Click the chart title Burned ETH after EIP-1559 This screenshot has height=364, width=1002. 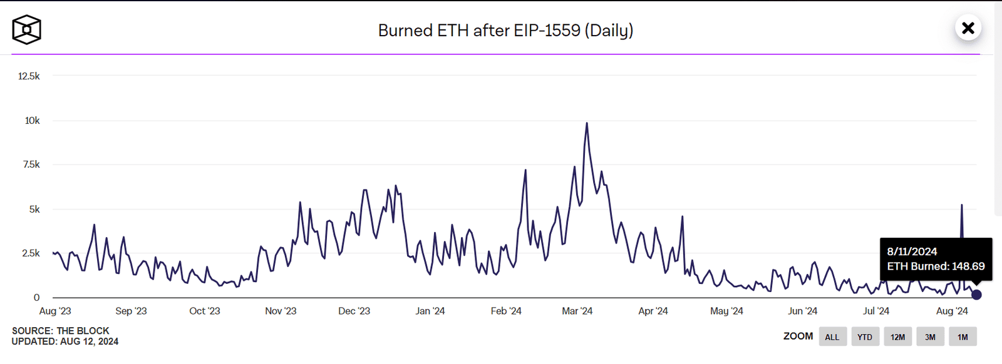[x=505, y=30]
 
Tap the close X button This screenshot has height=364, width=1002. [x=968, y=28]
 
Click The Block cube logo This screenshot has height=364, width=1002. [x=26, y=29]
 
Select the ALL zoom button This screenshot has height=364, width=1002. [x=832, y=337]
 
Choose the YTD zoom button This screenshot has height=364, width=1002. [x=864, y=337]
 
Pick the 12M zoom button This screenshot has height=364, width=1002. [x=897, y=337]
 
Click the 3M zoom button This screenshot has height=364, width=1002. [x=930, y=337]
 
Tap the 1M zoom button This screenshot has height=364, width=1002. [x=963, y=337]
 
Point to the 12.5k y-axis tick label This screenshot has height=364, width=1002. [x=29, y=76]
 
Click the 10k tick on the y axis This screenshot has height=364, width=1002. [x=32, y=121]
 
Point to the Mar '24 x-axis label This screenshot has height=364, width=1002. [x=577, y=311]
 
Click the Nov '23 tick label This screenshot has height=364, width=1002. [x=281, y=311]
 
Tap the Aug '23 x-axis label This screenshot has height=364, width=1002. [x=55, y=311]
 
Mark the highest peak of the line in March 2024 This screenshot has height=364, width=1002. [x=587, y=123]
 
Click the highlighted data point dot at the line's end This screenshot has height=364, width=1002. [x=976, y=295]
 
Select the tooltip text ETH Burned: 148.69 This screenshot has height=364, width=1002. [x=936, y=266]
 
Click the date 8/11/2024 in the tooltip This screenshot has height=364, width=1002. [x=912, y=251]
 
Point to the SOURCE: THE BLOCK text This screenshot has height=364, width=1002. [x=61, y=331]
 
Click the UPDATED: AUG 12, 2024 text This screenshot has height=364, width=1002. [x=65, y=341]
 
